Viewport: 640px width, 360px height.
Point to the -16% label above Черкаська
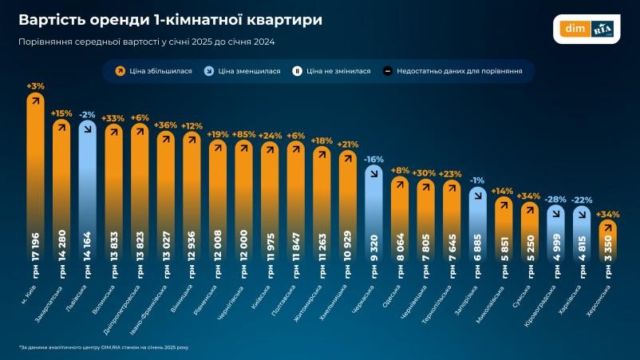(x=373, y=159)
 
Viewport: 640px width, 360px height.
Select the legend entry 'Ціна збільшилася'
(x=154, y=71)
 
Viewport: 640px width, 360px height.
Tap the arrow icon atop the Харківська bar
(x=582, y=213)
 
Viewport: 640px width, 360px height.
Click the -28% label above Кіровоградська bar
(x=555, y=199)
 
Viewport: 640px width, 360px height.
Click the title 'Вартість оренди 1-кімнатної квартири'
(x=170, y=20)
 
